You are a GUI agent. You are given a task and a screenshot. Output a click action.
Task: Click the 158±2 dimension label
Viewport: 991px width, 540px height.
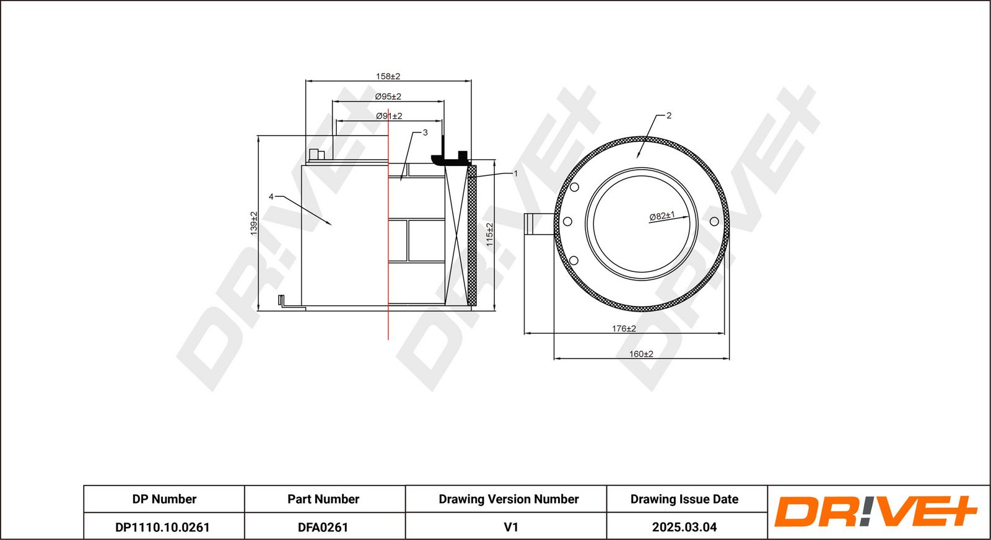point(388,76)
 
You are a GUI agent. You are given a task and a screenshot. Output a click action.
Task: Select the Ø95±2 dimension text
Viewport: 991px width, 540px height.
point(388,97)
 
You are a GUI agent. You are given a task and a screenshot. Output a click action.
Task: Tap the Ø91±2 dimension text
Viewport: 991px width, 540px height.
point(389,116)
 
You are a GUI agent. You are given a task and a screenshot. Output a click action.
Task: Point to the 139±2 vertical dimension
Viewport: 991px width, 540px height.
point(254,223)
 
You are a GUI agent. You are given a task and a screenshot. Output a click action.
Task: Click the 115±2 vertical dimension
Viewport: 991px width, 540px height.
point(489,235)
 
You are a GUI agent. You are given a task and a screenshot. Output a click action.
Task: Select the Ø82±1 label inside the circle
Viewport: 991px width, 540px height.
point(662,216)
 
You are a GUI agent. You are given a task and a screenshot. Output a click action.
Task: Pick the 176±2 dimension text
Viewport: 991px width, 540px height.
point(624,328)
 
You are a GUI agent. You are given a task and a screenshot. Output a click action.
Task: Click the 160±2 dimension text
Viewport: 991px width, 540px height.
point(641,354)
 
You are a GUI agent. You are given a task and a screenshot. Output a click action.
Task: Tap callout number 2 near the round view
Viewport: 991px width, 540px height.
point(669,115)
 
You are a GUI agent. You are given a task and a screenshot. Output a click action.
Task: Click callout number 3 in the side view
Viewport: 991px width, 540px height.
point(425,133)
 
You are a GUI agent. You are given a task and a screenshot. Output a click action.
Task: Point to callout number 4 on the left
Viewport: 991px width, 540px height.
point(271,196)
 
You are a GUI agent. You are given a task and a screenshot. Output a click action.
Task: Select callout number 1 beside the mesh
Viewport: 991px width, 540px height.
point(515,173)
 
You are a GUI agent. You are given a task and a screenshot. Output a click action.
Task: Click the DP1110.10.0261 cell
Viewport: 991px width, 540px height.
point(163,527)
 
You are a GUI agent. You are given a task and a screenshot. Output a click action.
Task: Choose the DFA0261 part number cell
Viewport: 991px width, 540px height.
point(323,527)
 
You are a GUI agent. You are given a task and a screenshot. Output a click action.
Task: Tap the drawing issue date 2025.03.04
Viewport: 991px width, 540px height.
point(684,527)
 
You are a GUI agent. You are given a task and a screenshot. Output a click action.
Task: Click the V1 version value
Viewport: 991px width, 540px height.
point(510,527)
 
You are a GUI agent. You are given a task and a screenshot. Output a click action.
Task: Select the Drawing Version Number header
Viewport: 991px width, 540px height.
point(509,499)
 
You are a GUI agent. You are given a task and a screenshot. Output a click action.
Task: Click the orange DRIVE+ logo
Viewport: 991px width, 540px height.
point(875,512)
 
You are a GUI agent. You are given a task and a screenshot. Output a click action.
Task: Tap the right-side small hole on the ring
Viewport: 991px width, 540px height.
point(714,221)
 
